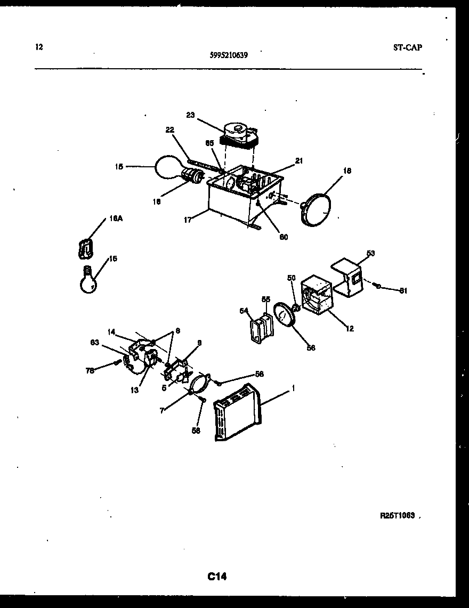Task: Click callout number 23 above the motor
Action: click(190, 115)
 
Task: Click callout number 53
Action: click(370, 254)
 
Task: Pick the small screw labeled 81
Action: click(377, 287)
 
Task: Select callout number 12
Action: click(350, 329)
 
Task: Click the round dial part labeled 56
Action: click(285, 318)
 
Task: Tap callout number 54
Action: click(244, 310)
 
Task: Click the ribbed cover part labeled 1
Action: click(238, 414)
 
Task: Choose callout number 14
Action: click(111, 332)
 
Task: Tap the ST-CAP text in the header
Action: click(407, 47)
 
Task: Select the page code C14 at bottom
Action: click(217, 576)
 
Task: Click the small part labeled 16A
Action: click(85, 247)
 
